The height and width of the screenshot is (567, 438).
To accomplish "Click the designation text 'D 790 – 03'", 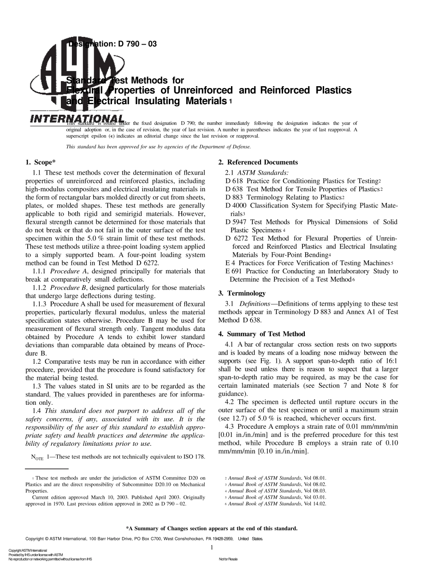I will pos(134,44).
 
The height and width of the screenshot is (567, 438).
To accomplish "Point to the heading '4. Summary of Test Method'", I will pos(261,334).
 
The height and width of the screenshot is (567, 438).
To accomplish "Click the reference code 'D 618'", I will pos(234,181).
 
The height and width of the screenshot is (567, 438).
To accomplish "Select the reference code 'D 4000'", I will pos(236,206).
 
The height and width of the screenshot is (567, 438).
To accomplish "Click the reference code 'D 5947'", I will pos(236,222).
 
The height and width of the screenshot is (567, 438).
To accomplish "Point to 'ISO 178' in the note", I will pos(194,457).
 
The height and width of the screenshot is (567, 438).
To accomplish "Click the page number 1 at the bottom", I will pos(211,548).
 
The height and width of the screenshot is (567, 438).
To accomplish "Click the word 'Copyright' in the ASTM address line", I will pos(36,538).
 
